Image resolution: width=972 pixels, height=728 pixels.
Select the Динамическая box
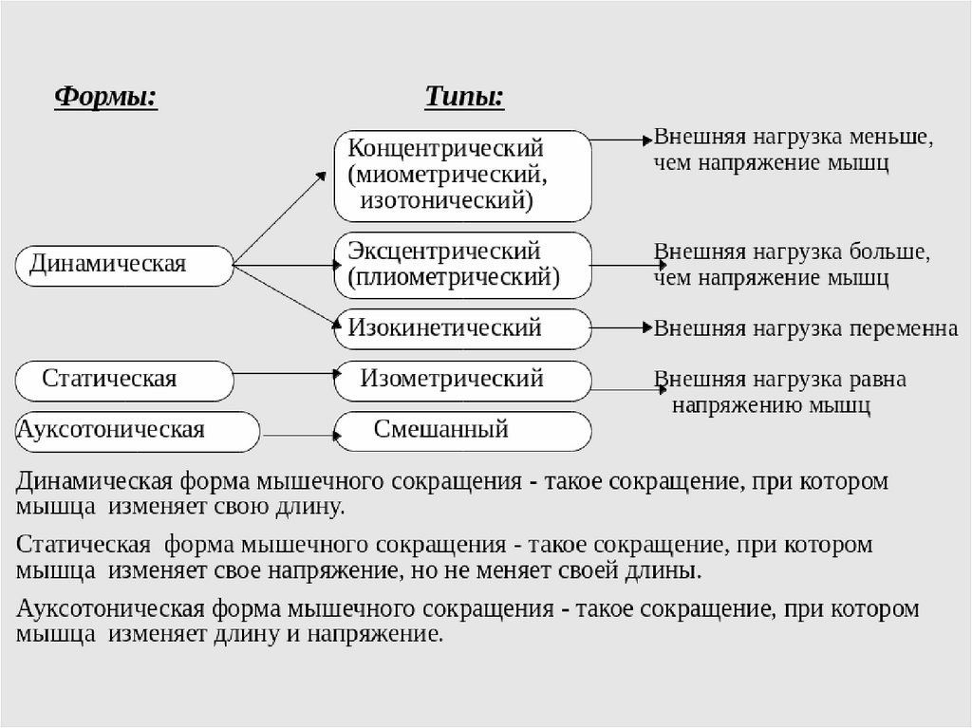[x=124, y=265]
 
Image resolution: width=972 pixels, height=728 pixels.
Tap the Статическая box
[x=124, y=381]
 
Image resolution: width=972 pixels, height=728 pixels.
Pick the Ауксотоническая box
[x=138, y=431]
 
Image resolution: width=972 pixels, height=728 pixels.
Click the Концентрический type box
[x=463, y=176]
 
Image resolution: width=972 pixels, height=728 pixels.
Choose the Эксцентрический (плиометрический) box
[x=463, y=265]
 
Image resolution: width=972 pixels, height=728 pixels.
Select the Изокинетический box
[x=463, y=328]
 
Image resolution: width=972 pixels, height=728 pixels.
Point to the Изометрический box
[x=463, y=381]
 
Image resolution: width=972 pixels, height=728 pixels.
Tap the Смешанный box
[x=463, y=431]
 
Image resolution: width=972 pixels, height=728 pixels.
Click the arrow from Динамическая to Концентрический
[x=280, y=218]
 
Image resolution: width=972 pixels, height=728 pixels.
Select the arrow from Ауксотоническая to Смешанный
[x=302, y=436]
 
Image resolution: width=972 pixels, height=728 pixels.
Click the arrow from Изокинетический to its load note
[x=622, y=328]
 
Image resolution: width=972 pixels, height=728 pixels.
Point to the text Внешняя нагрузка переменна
[x=806, y=328]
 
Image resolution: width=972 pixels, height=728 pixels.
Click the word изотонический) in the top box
[x=446, y=201]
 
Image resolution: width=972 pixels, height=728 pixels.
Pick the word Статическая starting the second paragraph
[x=84, y=547]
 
